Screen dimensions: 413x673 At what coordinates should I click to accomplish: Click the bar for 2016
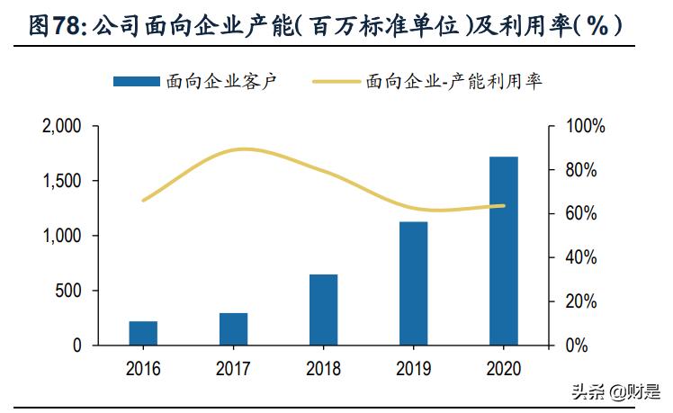[143, 333]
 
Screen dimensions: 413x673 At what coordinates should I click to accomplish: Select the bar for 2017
[233, 328]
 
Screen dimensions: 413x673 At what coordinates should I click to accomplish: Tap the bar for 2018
[323, 310]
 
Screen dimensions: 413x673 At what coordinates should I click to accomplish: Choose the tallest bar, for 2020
[503, 250]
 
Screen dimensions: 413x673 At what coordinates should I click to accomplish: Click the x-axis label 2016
[143, 368]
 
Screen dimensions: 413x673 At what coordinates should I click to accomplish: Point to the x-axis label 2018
[323, 368]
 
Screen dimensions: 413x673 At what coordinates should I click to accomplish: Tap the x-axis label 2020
[503, 368]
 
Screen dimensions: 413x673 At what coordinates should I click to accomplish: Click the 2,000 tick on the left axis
[62, 127]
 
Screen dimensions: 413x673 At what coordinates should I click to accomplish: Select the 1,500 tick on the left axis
[62, 181]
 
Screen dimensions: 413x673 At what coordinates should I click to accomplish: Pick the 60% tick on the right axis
[581, 214]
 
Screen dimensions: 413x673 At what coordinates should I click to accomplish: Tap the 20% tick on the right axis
[581, 301]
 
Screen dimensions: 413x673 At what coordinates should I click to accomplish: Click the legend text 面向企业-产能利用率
[454, 81]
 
